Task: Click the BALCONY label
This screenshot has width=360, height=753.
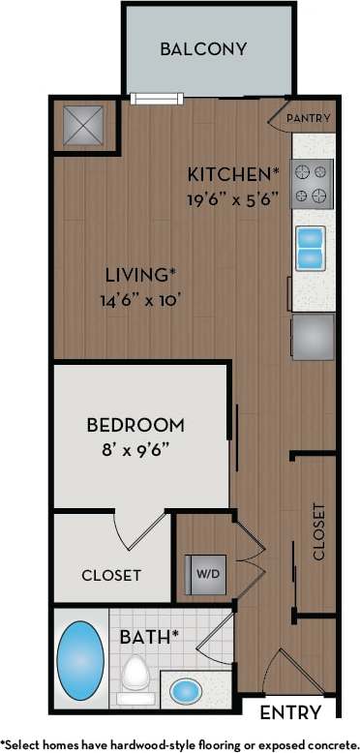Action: pyautogui.click(x=203, y=48)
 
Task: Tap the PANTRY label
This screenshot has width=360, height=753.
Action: pyautogui.click(x=310, y=119)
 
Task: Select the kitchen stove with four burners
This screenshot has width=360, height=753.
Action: pyautogui.click(x=314, y=183)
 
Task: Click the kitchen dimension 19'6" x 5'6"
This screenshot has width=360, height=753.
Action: pyautogui.click(x=232, y=199)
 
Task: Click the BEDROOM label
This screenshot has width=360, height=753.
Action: pyautogui.click(x=135, y=424)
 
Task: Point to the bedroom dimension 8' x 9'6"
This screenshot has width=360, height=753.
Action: pyautogui.click(x=135, y=449)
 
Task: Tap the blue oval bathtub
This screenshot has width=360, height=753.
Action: pyautogui.click(x=80, y=663)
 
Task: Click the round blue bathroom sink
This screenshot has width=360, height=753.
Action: pyautogui.click(x=185, y=691)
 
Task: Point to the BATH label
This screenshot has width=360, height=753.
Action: pyautogui.click(x=146, y=637)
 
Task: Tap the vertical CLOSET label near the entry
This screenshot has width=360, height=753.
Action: pyautogui.click(x=318, y=531)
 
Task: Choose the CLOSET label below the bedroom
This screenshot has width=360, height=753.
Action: pyautogui.click(x=111, y=575)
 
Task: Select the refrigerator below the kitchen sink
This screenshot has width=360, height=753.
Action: pyautogui.click(x=314, y=336)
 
